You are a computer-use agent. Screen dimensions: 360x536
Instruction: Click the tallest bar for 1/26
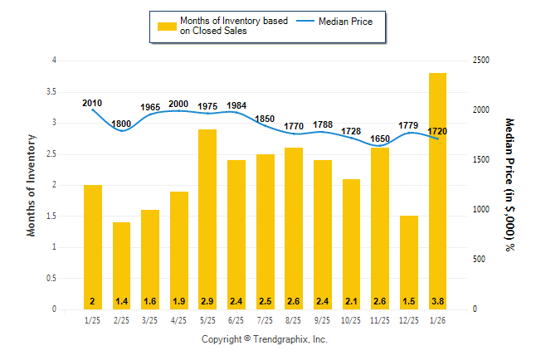click(x=438, y=191)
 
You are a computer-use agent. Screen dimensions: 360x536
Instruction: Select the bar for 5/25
click(x=207, y=219)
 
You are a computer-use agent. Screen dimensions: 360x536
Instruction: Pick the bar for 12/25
click(x=409, y=262)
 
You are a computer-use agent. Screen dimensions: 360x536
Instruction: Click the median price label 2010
click(x=92, y=103)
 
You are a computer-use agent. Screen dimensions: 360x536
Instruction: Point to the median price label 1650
click(x=381, y=139)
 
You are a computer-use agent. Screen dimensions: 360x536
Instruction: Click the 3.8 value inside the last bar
click(x=438, y=301)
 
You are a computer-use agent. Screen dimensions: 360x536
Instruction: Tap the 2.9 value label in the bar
click(x=207, y=301)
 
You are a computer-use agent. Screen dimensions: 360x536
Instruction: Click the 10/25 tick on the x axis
click(x=352, y=320)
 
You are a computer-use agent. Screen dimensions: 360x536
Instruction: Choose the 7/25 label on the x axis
click(x=265, y=320)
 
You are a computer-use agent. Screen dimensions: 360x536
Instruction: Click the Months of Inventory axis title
click(x=32, y=185)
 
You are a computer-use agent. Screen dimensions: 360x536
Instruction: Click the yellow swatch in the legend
click(x=167, y=27)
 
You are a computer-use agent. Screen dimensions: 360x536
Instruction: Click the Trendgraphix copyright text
click(x=265, y=339)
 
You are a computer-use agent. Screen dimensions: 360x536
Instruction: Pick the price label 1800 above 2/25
click(x=121, y=124)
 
